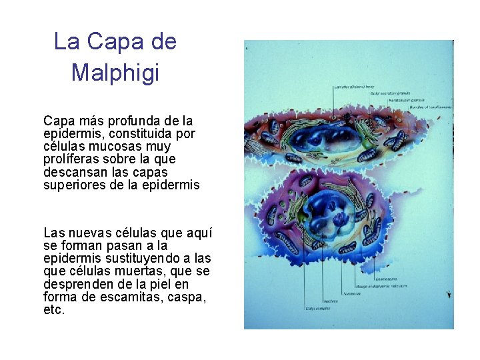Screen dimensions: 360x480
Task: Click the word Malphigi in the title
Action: coord(115,72)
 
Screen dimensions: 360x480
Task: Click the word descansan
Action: coord(73,172)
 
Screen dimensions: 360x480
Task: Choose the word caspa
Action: coord(186,297)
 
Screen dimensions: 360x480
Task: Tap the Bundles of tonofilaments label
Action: coord(430,107)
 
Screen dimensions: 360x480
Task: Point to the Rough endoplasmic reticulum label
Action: coord(381,287)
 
